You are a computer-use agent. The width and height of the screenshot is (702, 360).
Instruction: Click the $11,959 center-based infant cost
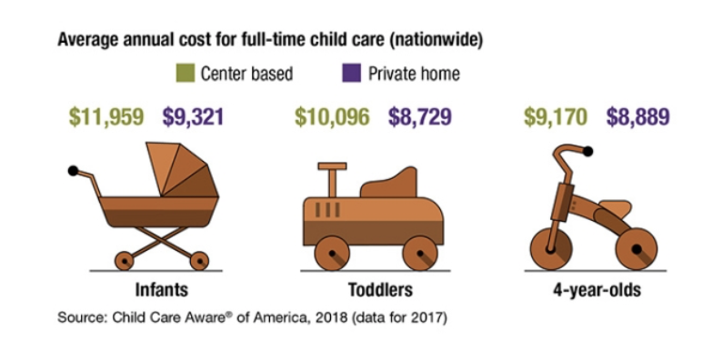(106, 117)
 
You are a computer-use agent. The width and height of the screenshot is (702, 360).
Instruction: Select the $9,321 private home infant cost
(193, 117)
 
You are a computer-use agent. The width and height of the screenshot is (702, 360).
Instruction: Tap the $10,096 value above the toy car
(332, 117)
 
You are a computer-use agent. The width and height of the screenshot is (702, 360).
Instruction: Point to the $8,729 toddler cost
(420, 117)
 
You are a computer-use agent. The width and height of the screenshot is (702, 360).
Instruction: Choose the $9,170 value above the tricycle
(556, 117)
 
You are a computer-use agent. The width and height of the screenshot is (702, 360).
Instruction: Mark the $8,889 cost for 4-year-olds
(638, 117)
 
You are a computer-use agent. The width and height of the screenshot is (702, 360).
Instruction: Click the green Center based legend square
(186, 73)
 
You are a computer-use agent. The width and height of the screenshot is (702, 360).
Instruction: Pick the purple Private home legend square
(351, 73)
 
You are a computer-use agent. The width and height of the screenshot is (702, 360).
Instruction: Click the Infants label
(162, 290)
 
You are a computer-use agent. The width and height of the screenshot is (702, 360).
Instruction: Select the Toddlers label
(380, 290)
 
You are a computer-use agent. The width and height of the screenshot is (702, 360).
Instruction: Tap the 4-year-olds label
(597, 290)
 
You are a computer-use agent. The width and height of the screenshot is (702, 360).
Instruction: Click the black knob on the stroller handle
(73, 171)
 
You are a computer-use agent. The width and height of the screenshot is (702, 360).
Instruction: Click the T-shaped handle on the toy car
(332, 178)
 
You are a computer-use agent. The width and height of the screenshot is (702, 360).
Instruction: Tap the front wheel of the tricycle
(551, 248)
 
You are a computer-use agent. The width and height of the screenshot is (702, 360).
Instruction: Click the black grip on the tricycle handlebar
(588, 152)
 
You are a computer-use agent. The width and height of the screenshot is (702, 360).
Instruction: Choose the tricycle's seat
(615, 208)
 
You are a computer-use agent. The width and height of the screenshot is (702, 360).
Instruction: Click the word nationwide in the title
(436, 40)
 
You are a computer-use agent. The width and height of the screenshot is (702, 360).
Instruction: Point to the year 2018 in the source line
(331, 317)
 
